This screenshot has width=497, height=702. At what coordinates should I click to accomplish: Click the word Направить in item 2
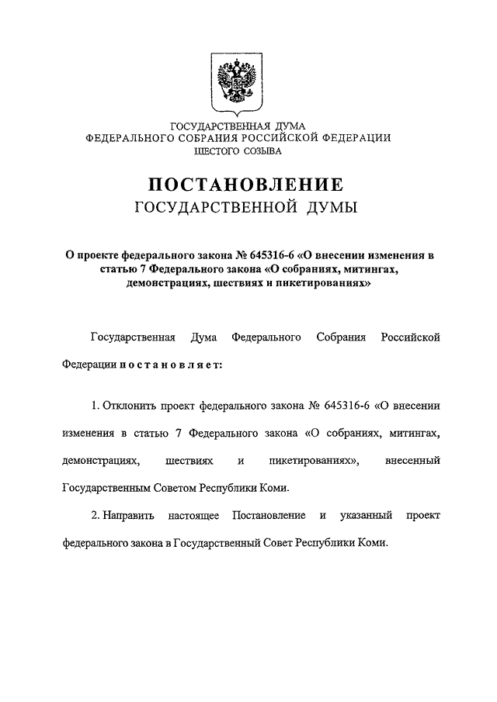[x=129, y=515]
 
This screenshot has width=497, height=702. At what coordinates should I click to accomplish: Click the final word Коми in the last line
[x=370, y=543]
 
